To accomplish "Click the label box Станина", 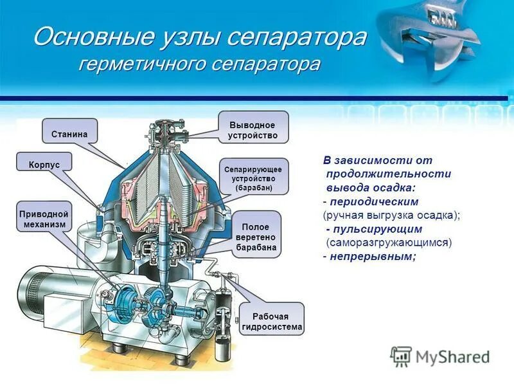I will click(69, 134).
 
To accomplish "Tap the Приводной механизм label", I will click(44, 218).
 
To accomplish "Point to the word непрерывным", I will click(372, 256).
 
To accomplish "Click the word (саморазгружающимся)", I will click(389, 243).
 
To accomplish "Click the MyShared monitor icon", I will click(402, 356).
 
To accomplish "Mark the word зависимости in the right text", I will click(375, 160).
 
